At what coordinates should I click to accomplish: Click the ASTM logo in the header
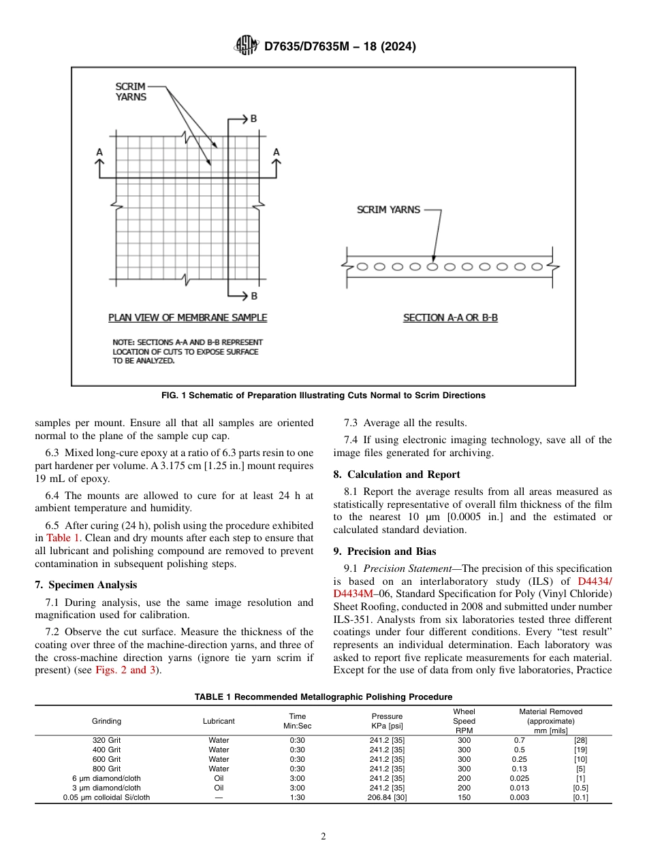(244, 46)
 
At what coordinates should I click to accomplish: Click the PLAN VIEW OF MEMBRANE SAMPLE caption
(187, 318)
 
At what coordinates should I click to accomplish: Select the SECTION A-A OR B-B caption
(450, 318)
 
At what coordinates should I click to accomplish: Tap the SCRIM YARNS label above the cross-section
(388, 210)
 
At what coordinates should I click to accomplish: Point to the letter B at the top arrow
(253, 118)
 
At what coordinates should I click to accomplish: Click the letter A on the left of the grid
(99, 153)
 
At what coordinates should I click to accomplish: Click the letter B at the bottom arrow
(253, 296)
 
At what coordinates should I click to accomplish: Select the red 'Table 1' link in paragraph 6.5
(63, 537)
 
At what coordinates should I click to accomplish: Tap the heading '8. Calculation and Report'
(396, 475)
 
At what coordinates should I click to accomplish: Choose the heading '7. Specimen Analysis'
(86, 585)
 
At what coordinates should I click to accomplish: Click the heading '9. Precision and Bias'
(384, 551)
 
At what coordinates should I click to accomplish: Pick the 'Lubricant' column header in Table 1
(219, 721)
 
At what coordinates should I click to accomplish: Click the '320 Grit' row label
(106, 740)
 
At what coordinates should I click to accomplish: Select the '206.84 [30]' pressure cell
(387, 797)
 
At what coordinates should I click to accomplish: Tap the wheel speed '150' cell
(464, 797)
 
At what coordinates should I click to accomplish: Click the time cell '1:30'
(297, 797)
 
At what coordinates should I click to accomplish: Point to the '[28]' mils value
(580, 740)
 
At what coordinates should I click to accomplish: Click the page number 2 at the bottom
(323, 837)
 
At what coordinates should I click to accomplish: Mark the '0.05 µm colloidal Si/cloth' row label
(106, 797)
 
